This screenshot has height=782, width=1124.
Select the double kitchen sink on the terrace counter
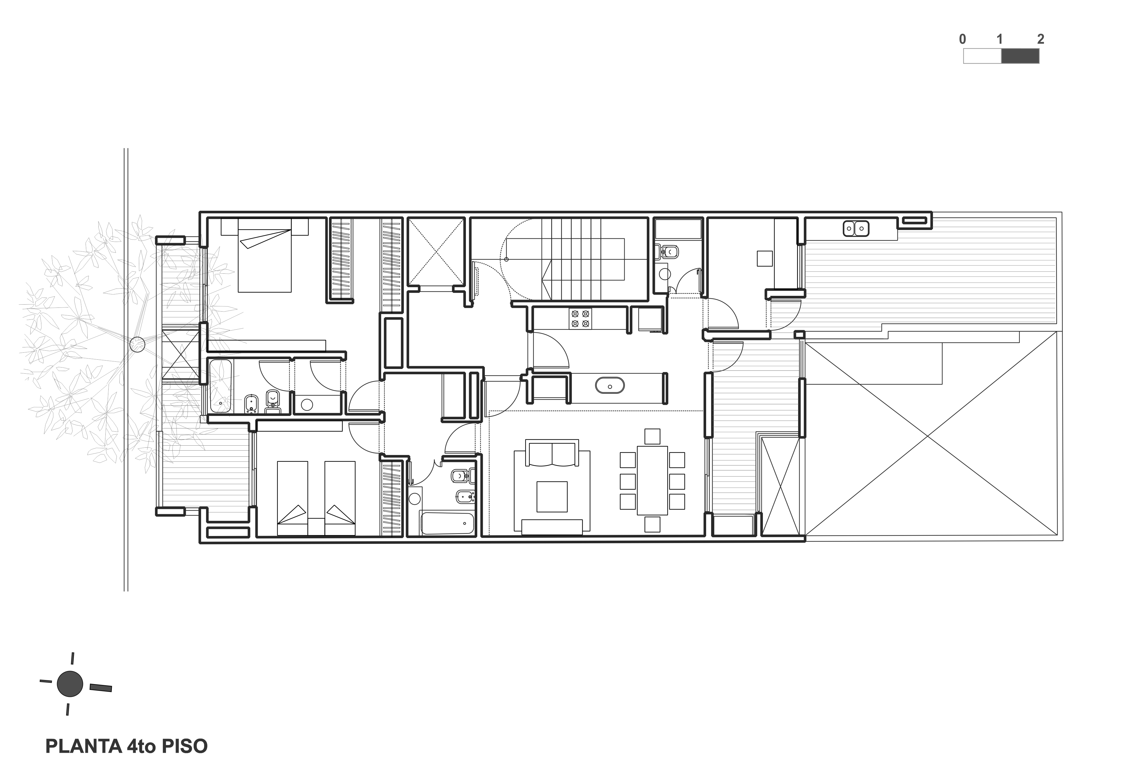pyautogui.click(x=856, y=228)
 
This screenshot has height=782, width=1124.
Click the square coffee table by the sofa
pyautogui.click(x=552, y=496)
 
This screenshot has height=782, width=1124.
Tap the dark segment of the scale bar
pyautogui.click(x=1020, y=56)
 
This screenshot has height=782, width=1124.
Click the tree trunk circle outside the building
pyautogui.click(x=137, y=345)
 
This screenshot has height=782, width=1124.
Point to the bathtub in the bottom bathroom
pyautogui.click(x=447, y=524)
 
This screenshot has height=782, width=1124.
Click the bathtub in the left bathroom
pyautogui.click(x=220, y=386)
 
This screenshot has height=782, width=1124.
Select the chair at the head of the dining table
pyautogui.click(x=652, y=436)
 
